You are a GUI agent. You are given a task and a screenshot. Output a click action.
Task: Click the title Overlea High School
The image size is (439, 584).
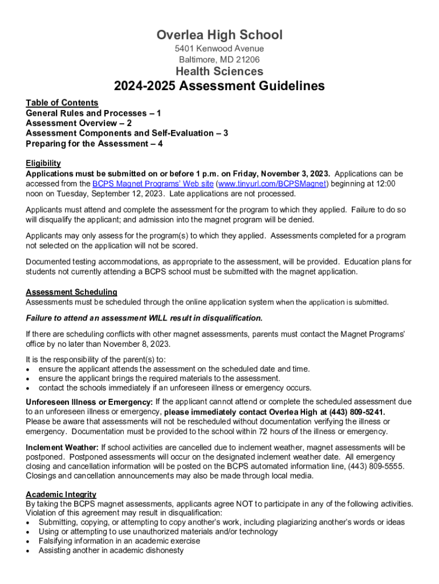click(x=219, y=35)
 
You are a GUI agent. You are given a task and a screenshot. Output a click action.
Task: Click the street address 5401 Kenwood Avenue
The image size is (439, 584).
click(x=219, y=49)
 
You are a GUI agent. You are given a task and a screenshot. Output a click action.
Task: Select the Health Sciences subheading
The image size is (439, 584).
click(x=219, y=71)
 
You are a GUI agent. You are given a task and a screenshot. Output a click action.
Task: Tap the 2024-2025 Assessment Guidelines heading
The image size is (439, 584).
click(x=219, y=86)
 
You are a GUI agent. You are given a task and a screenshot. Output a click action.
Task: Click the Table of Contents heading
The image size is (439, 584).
click(x=62, y=103)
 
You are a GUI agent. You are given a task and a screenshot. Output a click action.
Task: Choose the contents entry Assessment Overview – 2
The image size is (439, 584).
click(x=79, y=123)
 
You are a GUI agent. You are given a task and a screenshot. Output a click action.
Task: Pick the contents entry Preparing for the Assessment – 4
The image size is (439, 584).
click(x=94, y=144)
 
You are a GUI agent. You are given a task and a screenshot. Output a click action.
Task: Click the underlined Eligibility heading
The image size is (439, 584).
click(x=43, y=163)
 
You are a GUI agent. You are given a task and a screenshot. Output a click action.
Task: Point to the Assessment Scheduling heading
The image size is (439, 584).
click(x=71, y=292)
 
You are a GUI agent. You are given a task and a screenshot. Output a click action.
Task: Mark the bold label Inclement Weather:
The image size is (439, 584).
click(x=62, y=447)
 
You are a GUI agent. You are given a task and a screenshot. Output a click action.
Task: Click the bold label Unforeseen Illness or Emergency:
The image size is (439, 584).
click(x=89, y=402)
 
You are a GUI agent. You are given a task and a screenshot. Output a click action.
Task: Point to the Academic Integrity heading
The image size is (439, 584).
click(x=61, y=494)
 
